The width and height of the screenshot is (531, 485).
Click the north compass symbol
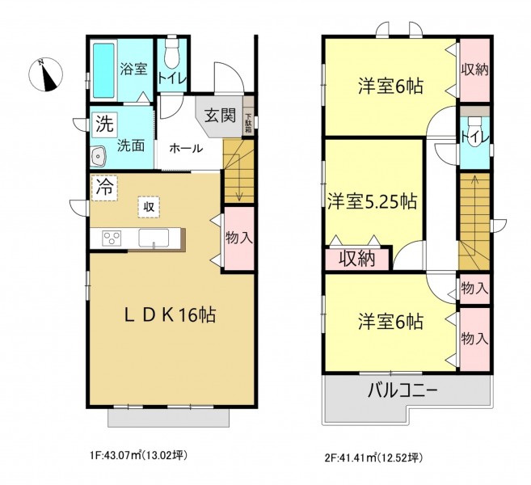coord(45,75)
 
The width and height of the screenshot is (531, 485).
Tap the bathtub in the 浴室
coord(103,70)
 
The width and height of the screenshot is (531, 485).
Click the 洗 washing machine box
coord(105,124)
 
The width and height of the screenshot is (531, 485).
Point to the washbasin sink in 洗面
coord(99,155)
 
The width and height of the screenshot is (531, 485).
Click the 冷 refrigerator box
coord(104,188)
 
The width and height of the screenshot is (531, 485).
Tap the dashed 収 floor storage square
coord(149,206)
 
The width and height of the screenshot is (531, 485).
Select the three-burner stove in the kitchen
coord(112,238)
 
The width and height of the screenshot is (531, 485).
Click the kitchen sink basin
coord(154,238)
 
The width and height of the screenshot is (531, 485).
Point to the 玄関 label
coord(220,116)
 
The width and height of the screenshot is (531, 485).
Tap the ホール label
coord(186,149)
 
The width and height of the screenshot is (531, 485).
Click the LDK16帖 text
coord(170,315)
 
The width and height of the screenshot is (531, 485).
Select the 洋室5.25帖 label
coord(372,201)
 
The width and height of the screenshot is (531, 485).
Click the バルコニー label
coord(403,391)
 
